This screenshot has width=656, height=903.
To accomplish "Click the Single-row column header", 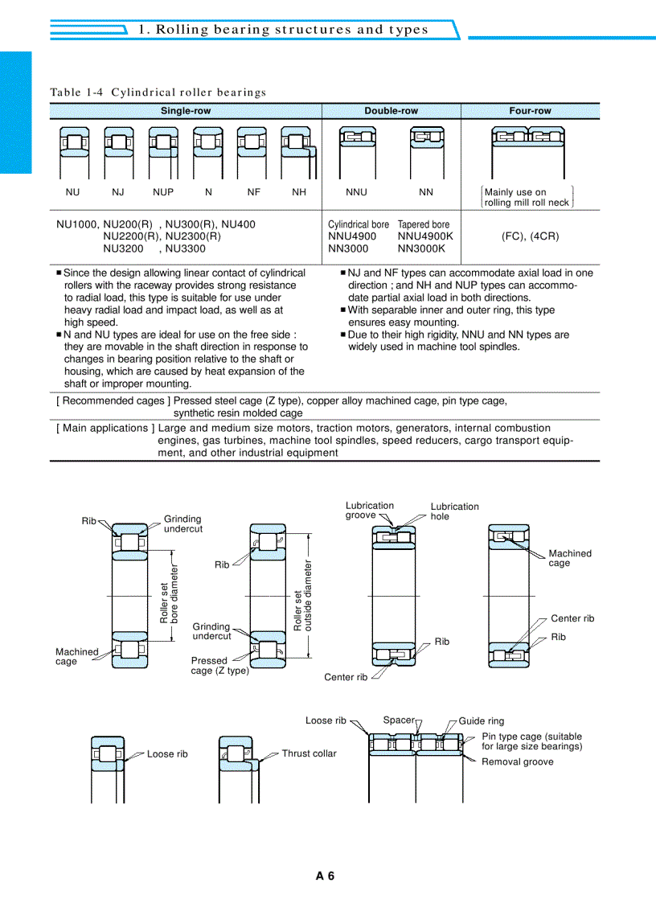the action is click(186, 111).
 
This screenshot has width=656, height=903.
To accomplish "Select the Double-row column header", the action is click(391, 111).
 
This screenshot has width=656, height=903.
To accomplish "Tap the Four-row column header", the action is click(530, 111).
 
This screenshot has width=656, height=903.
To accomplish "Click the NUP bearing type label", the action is click(163, 191).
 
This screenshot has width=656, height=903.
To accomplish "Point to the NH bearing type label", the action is click(299, 191).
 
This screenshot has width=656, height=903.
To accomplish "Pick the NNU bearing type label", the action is click(356, 191).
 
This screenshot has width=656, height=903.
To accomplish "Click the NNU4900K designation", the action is click(425, 236).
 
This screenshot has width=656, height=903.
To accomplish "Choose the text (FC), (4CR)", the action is click(530, 236).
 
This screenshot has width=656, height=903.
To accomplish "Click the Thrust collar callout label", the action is click(309, 753).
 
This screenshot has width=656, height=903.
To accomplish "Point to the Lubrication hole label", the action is click(454, 511).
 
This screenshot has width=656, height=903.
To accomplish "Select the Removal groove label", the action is click(517, 761).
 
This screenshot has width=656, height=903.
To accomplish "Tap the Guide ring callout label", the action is click(481, 720).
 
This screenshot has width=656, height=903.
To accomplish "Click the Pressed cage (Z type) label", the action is click(219, 665).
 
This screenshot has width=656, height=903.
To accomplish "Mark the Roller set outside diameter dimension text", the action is click(302, 596).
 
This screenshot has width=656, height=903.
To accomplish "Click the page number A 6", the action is click(325, 876).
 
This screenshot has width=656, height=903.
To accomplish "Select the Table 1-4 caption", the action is click(158, 92).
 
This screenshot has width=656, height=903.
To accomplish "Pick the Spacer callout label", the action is click(399, 720).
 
